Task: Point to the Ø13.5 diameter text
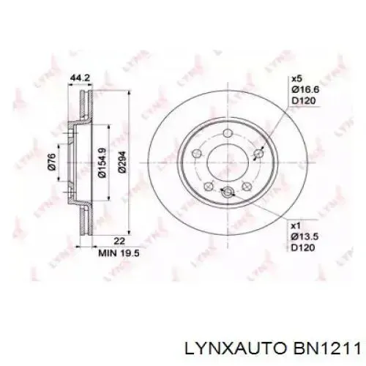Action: coord(305,238)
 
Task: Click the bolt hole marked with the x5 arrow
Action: coord(258,153)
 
